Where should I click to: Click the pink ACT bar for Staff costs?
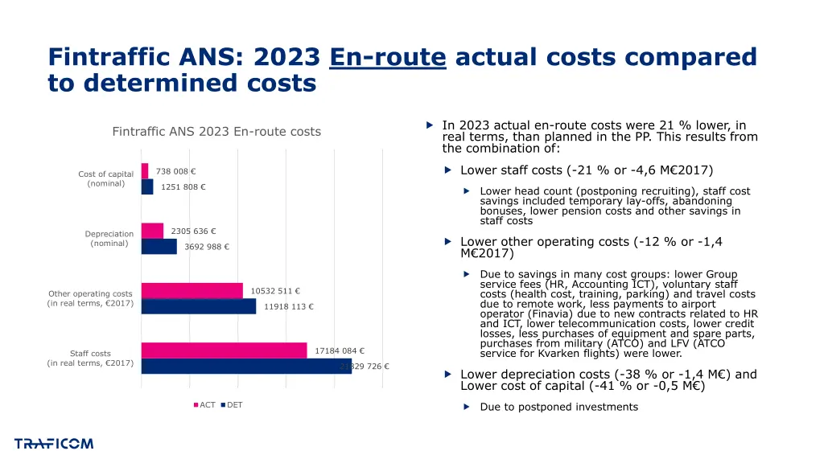pos(224,350)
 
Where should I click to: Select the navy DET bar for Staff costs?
pos(246,367)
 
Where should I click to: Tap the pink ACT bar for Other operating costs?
pos(192,291)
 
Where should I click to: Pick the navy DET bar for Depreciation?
pos(159,247)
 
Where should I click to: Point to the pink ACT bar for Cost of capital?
pos(145,171)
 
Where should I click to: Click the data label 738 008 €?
pos(176,171)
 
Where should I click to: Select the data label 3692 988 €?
pos(207,247)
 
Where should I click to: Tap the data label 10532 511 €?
pos(275,291)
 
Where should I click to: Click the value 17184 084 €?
pos(340,350)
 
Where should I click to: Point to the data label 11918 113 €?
pos(289,306)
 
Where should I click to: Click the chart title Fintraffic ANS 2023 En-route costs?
pos(216,132)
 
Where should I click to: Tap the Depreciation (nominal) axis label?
pos(109,239)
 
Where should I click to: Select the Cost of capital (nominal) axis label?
pos(105,178)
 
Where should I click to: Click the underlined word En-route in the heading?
pos(387,57)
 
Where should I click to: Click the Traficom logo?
pos(54,444)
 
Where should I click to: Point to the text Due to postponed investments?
pos(558,407)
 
